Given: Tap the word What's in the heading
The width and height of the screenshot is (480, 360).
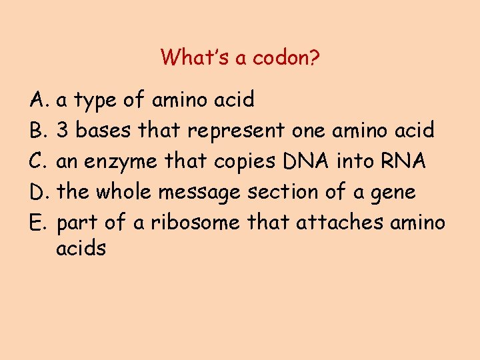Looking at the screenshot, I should pos(187,57).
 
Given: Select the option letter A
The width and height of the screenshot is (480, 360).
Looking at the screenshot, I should pos(37,100).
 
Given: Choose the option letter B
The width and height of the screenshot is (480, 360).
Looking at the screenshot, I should pos(37,131).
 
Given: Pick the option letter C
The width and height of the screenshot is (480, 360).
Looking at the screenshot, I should pos(37,161).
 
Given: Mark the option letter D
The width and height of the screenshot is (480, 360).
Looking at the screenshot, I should pos(38,192).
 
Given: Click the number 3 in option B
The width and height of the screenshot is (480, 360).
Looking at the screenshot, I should pos(63,131).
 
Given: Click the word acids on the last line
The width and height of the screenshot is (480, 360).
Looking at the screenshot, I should pos(81,249).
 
